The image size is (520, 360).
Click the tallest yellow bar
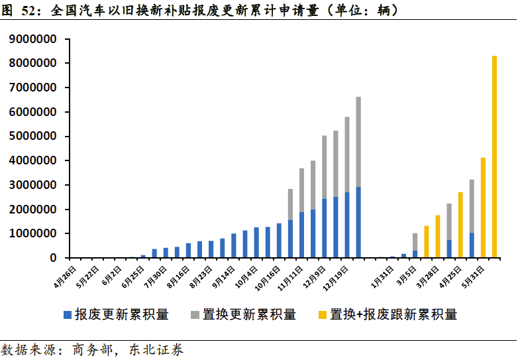click(494, 156)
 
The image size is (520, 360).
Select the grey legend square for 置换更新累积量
click(195, 314)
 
